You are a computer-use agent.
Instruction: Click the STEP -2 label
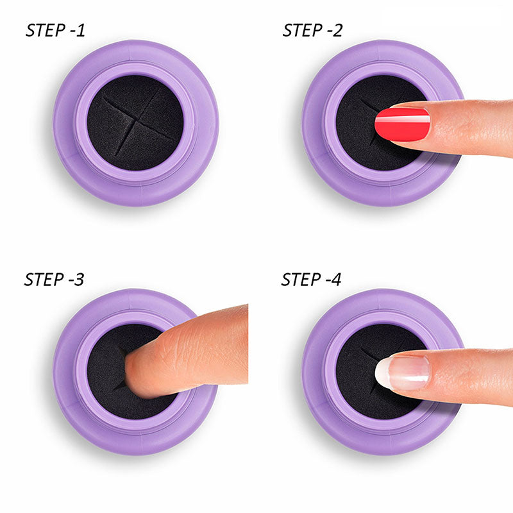point(312,30)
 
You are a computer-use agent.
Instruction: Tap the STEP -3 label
point(55,280)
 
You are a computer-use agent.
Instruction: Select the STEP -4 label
point(311,280)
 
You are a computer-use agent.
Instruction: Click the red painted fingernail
point(402,124)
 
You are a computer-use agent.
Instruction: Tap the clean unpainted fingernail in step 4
point(402,373)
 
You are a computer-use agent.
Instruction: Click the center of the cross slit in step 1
point(135,122)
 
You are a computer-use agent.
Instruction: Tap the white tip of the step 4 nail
point(382,373)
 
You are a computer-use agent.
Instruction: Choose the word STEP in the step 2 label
point(301,30)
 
